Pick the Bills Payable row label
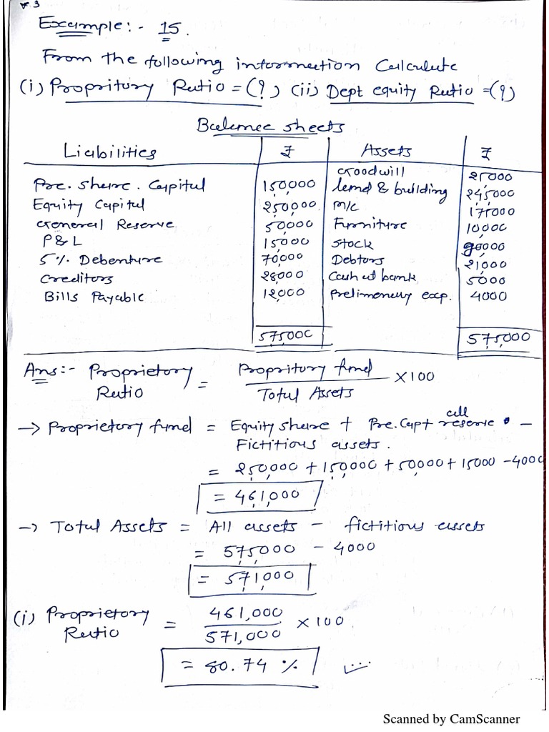(x=88, y=296)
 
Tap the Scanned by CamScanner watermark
(x=451, y=719)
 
